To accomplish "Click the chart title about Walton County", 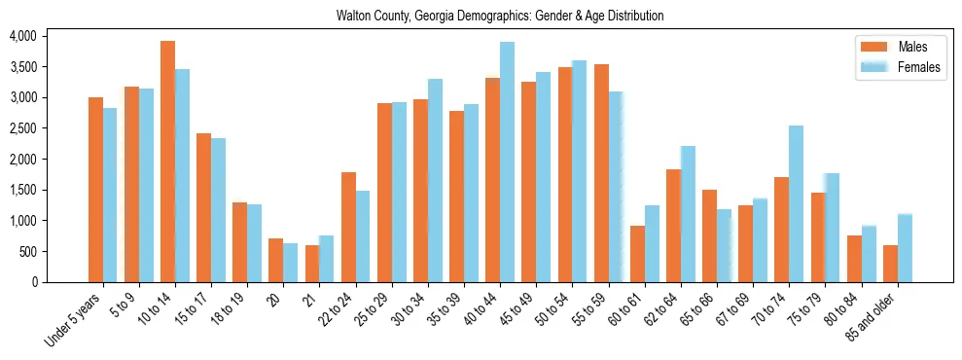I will [500, 16].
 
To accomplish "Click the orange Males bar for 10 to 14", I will [167, 162].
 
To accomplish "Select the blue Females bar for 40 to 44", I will [507, 162].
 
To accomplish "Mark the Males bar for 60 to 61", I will [637, 253].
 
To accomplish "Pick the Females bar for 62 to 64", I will [688, 214].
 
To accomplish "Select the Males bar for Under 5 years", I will [95, 190].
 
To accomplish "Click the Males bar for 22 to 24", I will [348, 227].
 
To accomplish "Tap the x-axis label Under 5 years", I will [75, 320].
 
